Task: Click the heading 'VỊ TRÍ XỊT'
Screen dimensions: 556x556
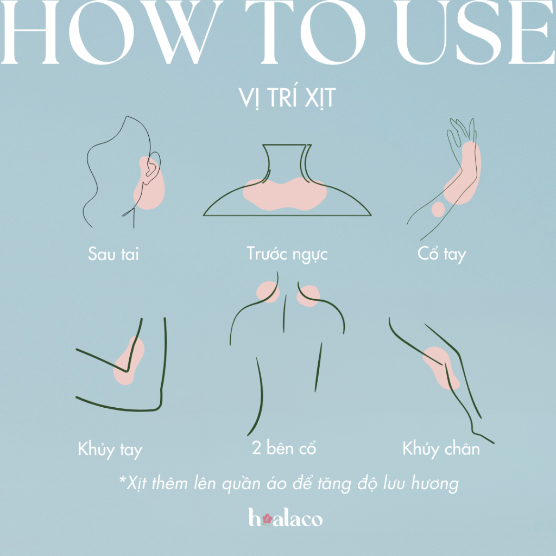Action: (x=287, y=98)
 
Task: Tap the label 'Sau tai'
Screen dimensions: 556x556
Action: (x=113, y=254)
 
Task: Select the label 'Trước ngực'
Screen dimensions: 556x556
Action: (x=287, y=255)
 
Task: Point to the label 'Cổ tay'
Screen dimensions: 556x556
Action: (x=441, y=255)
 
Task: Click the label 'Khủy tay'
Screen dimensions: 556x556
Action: (x=110, y=450)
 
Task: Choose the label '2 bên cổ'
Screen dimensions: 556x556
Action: (x=283, y=447)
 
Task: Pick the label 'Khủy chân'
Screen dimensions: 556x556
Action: (x=441, y=448)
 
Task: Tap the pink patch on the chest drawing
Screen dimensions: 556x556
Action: (x=285, y=193)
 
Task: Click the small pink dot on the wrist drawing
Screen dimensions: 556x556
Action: (x=438, y=209)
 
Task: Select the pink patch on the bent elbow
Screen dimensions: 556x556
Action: (x=128, y=361)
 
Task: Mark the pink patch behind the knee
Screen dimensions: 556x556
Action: (x=441, y=368)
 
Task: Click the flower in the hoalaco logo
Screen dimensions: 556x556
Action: (x=267, y=519)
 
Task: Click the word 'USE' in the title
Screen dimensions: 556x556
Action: (x=476, y=32)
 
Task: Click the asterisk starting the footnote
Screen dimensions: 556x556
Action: (x=123, y=480)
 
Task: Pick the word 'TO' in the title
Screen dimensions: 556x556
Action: (x=306, y=32)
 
